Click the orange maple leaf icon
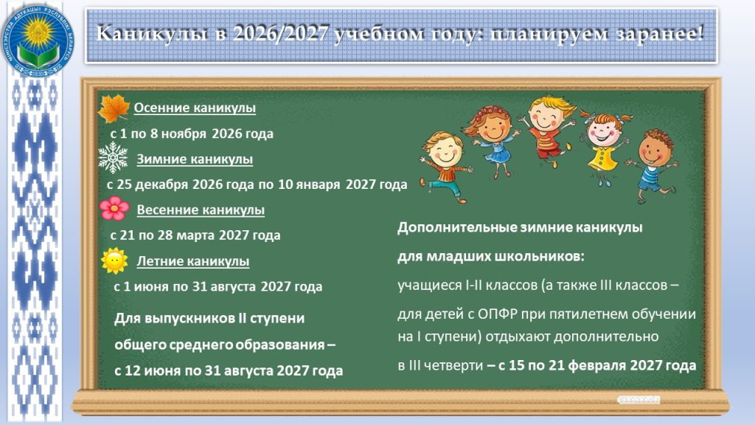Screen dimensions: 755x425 114,109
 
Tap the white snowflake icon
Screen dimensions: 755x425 113,158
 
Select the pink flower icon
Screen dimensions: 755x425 114,208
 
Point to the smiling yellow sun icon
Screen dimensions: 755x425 114,260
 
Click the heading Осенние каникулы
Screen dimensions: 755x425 195,108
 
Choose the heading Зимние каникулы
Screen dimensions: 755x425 195,159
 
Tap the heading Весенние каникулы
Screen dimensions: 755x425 201,210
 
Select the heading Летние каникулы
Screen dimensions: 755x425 193,261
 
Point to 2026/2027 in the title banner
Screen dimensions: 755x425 281,34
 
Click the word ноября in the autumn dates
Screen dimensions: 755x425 184,134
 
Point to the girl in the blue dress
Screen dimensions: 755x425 492,139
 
